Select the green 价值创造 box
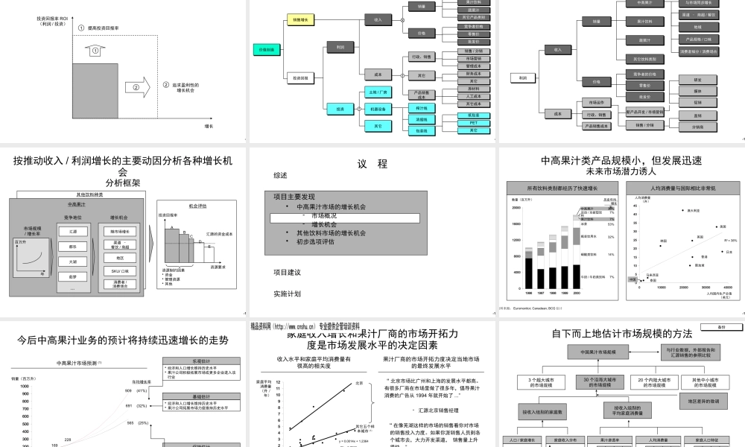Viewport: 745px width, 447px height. [267, 49]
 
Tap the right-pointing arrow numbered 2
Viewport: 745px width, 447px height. [136, 86]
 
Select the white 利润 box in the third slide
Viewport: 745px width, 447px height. [523, 77]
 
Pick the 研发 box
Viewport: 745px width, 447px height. [697, 79]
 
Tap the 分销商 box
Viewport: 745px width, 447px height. [697, 127]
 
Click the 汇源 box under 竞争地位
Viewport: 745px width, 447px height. [72, 232]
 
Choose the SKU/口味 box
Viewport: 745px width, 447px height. [119, 270]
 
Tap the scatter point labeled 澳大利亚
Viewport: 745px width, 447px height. [682, 211]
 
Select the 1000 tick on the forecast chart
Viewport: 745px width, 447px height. [25, 387]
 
